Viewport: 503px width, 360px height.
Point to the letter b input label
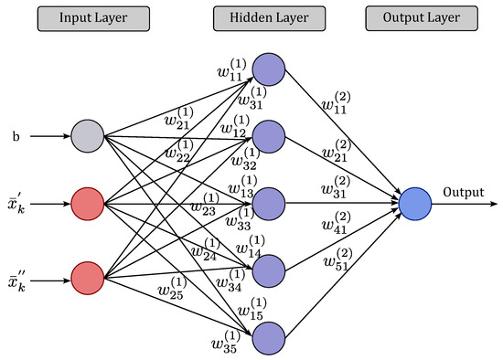click(x=16, y=137)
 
